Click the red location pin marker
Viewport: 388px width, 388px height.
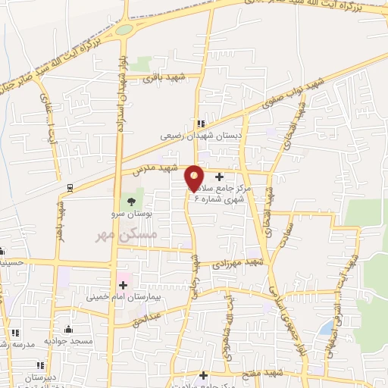point(194,177)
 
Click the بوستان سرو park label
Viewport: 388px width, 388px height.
point(137,216)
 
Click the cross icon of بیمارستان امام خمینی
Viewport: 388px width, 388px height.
point(122,285)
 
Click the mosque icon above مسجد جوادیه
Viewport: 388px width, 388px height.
point(69,329)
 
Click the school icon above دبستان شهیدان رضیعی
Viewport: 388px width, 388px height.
point(200,124)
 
